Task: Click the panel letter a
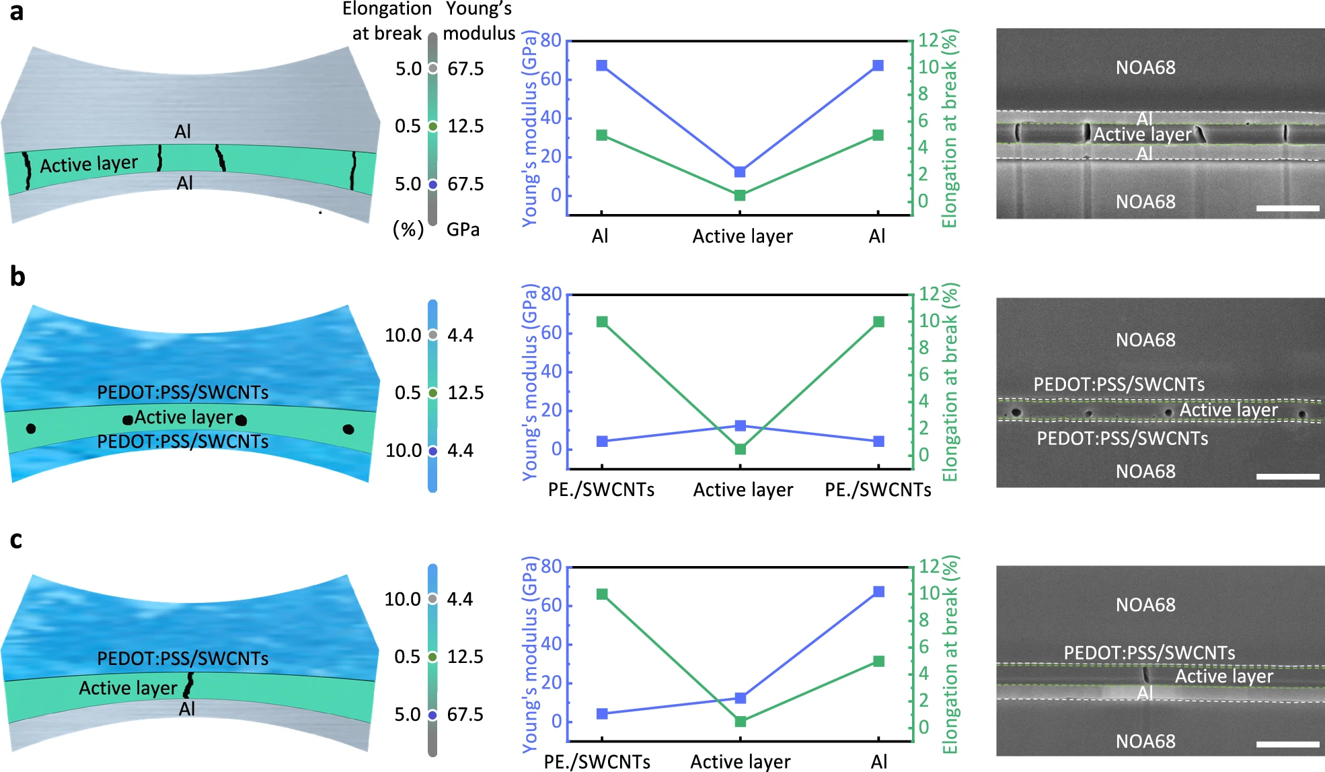(16, 12)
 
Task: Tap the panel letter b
(17, 276)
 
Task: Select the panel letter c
(16, 540)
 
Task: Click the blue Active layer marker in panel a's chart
(740, 172)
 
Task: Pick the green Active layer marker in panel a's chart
(740, 195)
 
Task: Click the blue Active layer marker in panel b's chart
(741, 425)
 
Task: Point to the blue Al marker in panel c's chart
(878, 592)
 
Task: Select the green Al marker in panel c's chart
(878, 662)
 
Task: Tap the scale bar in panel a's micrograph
(1287, 208)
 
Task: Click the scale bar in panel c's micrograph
(1287, 744)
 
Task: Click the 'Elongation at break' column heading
(387, 21)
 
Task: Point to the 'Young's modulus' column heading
(479, 21)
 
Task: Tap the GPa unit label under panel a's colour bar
(463, 230)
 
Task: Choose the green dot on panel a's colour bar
(433, 127)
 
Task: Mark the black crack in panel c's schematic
(189, 685)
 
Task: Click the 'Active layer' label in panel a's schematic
(89, 164)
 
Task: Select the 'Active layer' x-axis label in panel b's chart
(743, 490)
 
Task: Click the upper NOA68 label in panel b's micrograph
(1145, 340)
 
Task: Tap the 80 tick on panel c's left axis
(552, 567)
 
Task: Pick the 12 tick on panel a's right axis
(928, 40)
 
